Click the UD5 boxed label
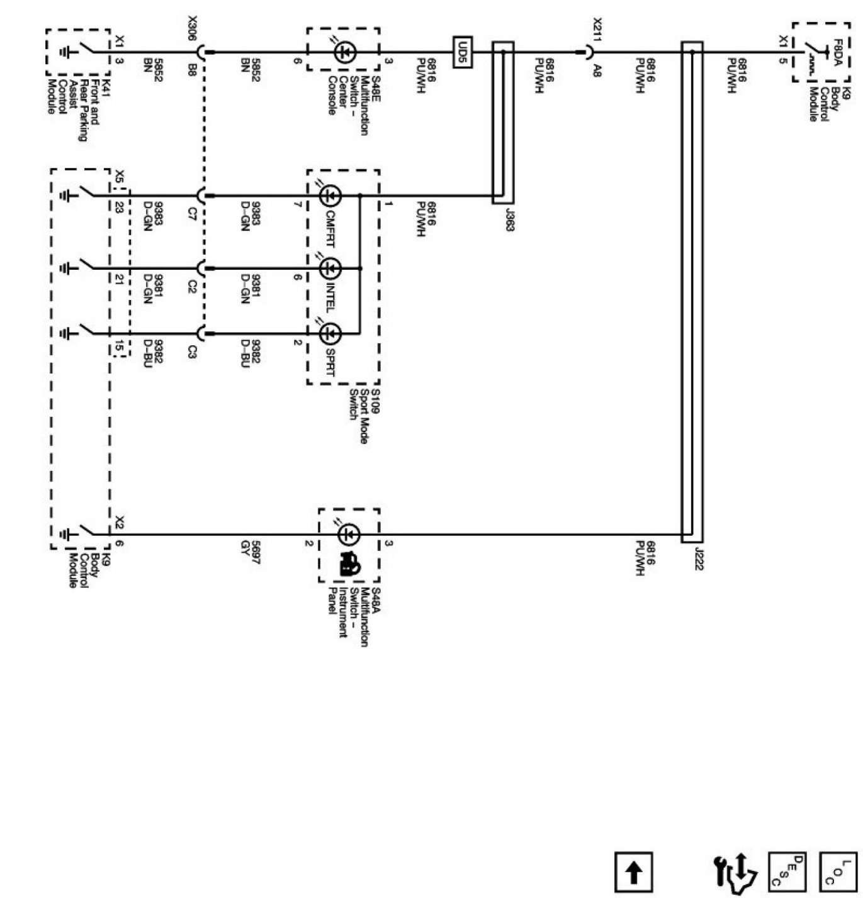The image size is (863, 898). (x=463, y=52)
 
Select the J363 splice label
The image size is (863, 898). (x=509, y=218)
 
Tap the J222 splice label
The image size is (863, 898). (x=697, y=558)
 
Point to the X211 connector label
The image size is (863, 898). (x=597, y=30)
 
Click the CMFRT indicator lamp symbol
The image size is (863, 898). (x=330, y=196)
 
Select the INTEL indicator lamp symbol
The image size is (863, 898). (x=330, y=269)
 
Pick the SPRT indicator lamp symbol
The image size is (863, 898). (x=330, y=333)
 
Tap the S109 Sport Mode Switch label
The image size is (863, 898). (x=363, y=415)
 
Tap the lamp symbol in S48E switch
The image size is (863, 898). (x=344, y=52)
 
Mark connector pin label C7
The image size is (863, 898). (x=192, y=216)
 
